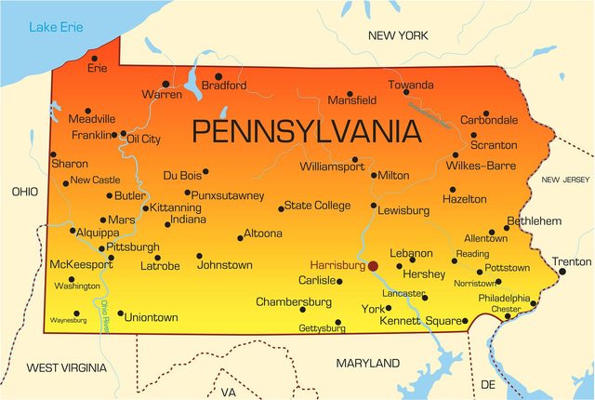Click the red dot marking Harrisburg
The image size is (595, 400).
pos(373,265)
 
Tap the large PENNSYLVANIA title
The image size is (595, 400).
pos(306,130)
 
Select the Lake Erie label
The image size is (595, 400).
pos(55,27)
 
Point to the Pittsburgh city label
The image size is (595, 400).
pos(134,247)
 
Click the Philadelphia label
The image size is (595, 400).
pos(504,298)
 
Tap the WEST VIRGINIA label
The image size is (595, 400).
pos(66,367)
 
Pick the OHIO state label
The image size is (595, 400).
pos(24,191)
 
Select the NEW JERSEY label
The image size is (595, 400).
pos(565,180)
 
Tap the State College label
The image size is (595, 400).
pos(317,206)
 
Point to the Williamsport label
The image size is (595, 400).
pos(332,167)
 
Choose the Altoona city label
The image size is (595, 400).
pos(262,233)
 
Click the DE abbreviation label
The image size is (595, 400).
pos(488,383)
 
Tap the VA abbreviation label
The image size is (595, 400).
pos(229,393)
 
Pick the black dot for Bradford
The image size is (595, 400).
pos(218,76)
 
